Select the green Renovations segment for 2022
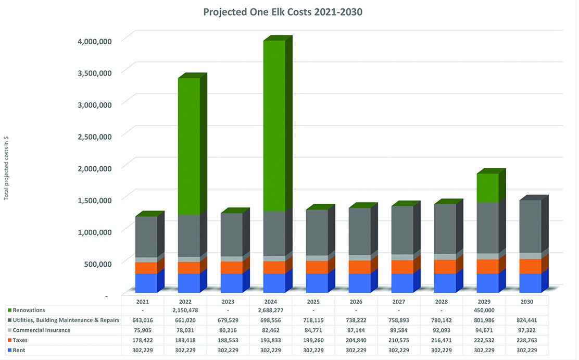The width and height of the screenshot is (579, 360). pos(189,146)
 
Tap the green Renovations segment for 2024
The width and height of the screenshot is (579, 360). pos(274,125)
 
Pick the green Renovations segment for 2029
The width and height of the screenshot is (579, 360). pos(488,188)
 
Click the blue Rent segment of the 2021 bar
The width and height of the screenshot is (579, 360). pos(146,283)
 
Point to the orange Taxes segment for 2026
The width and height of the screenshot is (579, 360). pos(360,267)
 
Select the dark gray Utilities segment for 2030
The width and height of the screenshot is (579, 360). pos(531,227)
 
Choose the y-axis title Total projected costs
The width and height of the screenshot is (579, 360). pos(6,168)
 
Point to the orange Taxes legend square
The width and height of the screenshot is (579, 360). pos(9,340)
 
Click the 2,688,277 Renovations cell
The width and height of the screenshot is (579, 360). pos(270,311)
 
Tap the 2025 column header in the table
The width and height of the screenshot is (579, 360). pos(313,301)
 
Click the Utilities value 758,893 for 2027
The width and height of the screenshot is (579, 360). pos(398,320)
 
